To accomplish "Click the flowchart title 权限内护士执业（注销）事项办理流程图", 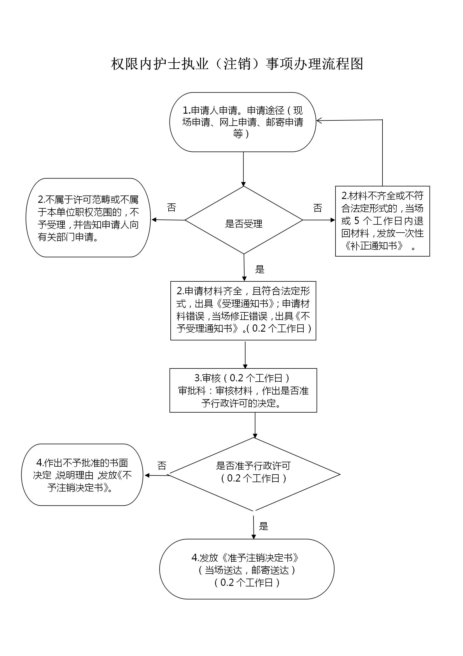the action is [237, 64].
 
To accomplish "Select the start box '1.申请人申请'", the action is [243, 122].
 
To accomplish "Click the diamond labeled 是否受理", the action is [244, 220].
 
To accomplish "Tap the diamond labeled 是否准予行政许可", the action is [255, 474].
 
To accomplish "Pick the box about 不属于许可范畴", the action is [88, 218].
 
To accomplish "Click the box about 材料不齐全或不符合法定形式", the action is [382, 221].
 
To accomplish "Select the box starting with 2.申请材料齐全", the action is [243, 311].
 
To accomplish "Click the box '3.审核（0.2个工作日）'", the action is [243, 390].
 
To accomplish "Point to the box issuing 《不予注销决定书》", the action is [82, 475].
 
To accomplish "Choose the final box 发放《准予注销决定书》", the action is [247, 569].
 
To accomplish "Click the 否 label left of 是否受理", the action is [172, 207].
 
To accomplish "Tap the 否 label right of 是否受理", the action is [318, 208].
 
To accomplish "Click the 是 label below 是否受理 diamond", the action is [260, 269].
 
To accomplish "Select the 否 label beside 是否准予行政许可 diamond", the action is [162, 465].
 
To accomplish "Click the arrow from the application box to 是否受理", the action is [243, 169].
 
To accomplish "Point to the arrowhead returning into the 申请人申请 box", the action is [319, 120].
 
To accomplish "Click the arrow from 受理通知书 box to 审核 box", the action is [245, 354].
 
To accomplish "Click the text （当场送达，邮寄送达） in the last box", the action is [247, 570].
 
